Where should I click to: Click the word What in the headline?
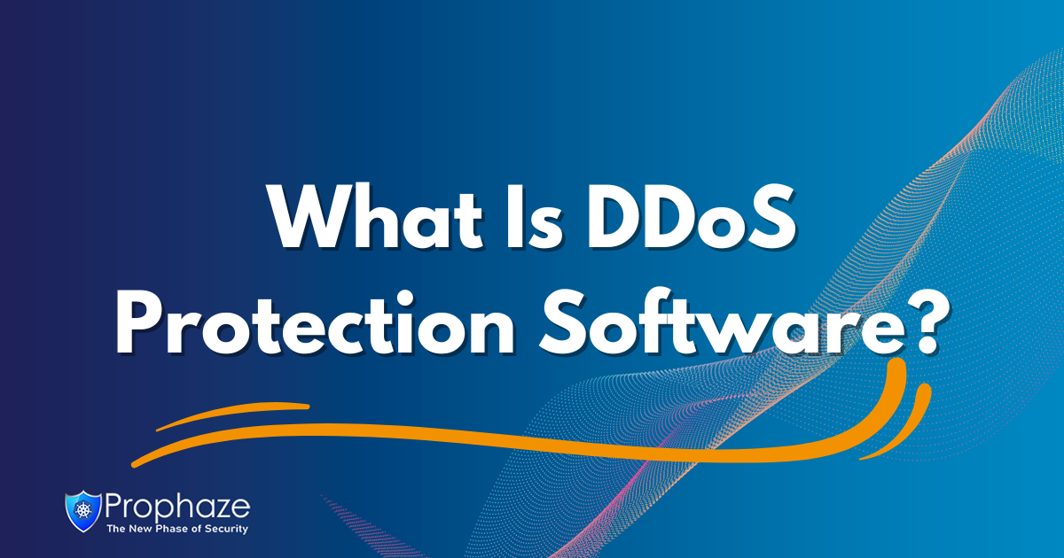click(376, 217)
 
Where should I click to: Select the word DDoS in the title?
click(691, 216)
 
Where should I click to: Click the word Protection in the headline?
click(315, 323)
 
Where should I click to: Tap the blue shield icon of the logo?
click(83, 511)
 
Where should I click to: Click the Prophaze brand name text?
click(177, 507)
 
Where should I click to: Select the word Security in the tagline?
click(226, 529)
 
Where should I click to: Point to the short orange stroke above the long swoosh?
click(232, 415)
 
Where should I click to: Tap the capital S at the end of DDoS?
click(773, 216)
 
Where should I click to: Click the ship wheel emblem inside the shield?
click(83, 509)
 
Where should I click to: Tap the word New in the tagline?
click(140, 528)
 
